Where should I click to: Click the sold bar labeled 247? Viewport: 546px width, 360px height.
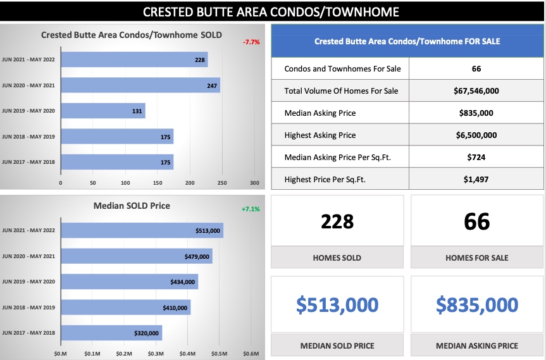tap(140, 85)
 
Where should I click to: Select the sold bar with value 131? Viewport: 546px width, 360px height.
tap(102, 111)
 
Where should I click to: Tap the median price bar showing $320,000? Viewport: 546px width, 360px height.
tap(111, 333)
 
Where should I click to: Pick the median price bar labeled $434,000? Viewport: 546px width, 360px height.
tap(129, 282)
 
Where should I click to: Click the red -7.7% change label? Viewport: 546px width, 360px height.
tap(251, 42)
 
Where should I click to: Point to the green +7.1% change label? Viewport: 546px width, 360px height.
tap(251, 209)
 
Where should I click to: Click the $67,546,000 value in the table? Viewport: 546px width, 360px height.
tap(476, 90)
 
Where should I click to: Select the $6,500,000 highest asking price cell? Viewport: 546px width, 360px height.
tap(476, 135)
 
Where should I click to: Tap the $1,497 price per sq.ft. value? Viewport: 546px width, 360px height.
tap(476, 179)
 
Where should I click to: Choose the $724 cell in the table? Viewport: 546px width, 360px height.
tap(476, 157)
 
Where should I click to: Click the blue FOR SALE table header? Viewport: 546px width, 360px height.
tap(407, 41)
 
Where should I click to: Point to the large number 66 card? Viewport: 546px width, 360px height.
tap(476, 221)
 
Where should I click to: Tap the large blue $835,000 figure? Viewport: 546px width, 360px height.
tap(476, 305)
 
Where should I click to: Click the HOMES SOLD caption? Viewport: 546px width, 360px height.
tap(337, 258)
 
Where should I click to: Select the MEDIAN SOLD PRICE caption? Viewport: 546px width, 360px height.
tap(337, 345)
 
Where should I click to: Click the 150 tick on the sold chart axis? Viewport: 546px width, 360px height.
tap(125, 183)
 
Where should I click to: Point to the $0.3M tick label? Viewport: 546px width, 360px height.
tap(156, 353)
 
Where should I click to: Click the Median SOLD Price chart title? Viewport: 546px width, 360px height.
tap(132, 206)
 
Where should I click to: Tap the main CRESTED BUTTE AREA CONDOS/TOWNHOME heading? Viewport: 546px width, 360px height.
tap(271, 12)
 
